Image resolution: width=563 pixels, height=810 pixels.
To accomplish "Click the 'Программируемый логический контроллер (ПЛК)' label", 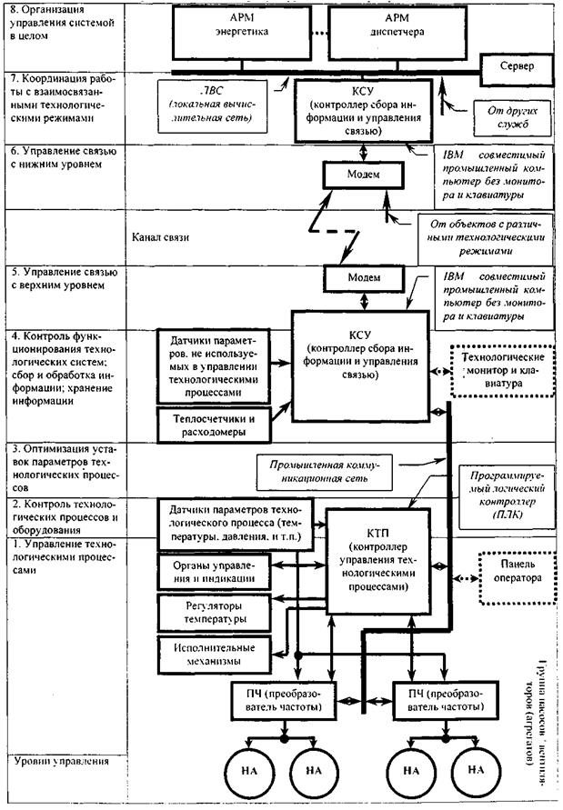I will (x=504, y=499).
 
